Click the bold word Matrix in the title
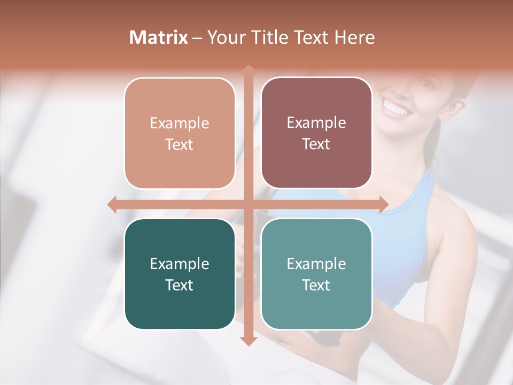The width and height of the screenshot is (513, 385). (159, 37)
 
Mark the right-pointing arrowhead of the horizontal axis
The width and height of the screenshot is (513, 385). (384, 205)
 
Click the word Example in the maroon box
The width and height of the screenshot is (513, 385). (316, 122)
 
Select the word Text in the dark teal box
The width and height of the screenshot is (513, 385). (180, 285)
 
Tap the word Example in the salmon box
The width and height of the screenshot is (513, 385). (180, 123)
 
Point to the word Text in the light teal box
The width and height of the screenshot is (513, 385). (316, 285)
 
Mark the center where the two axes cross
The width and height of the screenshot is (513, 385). (248, 205)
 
